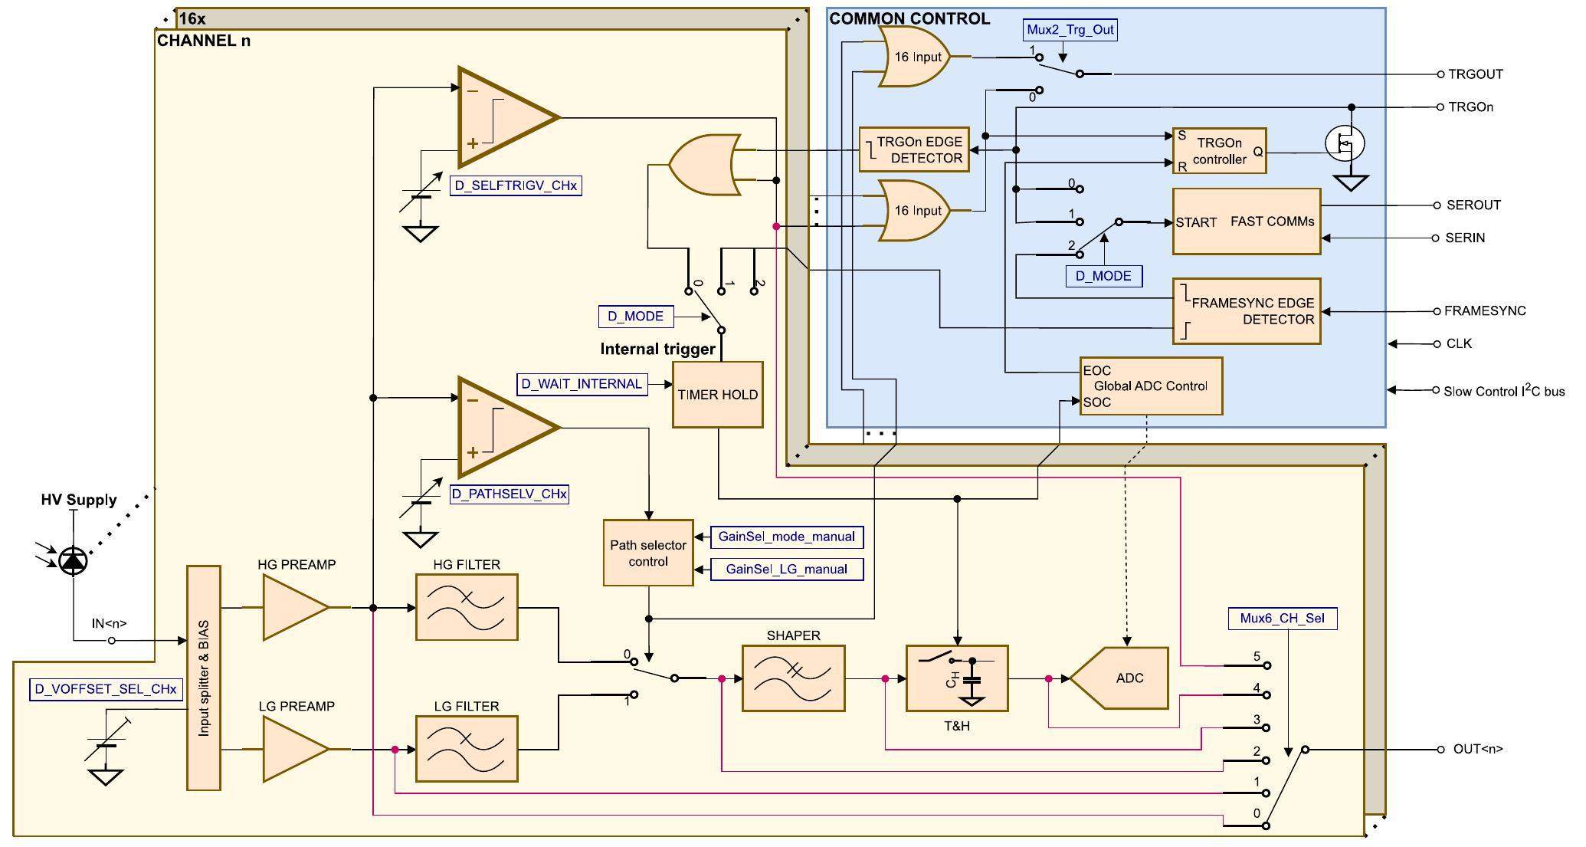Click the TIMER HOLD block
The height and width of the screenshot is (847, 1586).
[x=717, y=395]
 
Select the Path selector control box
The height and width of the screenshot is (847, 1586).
[x=648, y=553]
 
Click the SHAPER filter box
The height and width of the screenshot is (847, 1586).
[x=793, y=678]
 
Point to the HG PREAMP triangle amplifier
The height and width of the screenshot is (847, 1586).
[x=293, y=607]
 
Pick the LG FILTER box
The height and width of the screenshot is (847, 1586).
[x=467, y=749]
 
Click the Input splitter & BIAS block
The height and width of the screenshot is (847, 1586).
[x=204, y=678]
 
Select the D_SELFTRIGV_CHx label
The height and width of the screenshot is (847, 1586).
[x=516, y=185]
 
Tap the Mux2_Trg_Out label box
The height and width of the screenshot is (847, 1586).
[x=1070, y=30]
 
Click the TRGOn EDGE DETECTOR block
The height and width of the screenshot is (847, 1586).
[x=914, y=149]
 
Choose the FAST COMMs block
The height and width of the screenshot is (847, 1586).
[x=1247, y=222]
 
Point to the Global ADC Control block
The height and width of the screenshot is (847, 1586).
[x=1150, y=386]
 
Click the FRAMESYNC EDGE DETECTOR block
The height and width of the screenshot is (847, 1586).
[x=1247, y=311]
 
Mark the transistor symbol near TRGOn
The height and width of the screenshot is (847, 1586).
[x=1345, y=143]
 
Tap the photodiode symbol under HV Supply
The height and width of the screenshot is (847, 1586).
[x=74, y=561]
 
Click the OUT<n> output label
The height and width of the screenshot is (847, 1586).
[x=1477, y=749]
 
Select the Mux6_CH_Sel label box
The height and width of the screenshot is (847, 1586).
[x=1283, y=619]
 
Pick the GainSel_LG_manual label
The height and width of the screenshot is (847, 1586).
[x=786, y=569]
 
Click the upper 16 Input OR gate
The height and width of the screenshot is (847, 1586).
[x=915, y=57]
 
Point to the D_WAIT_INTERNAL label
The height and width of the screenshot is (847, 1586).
[x=582, y=384]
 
